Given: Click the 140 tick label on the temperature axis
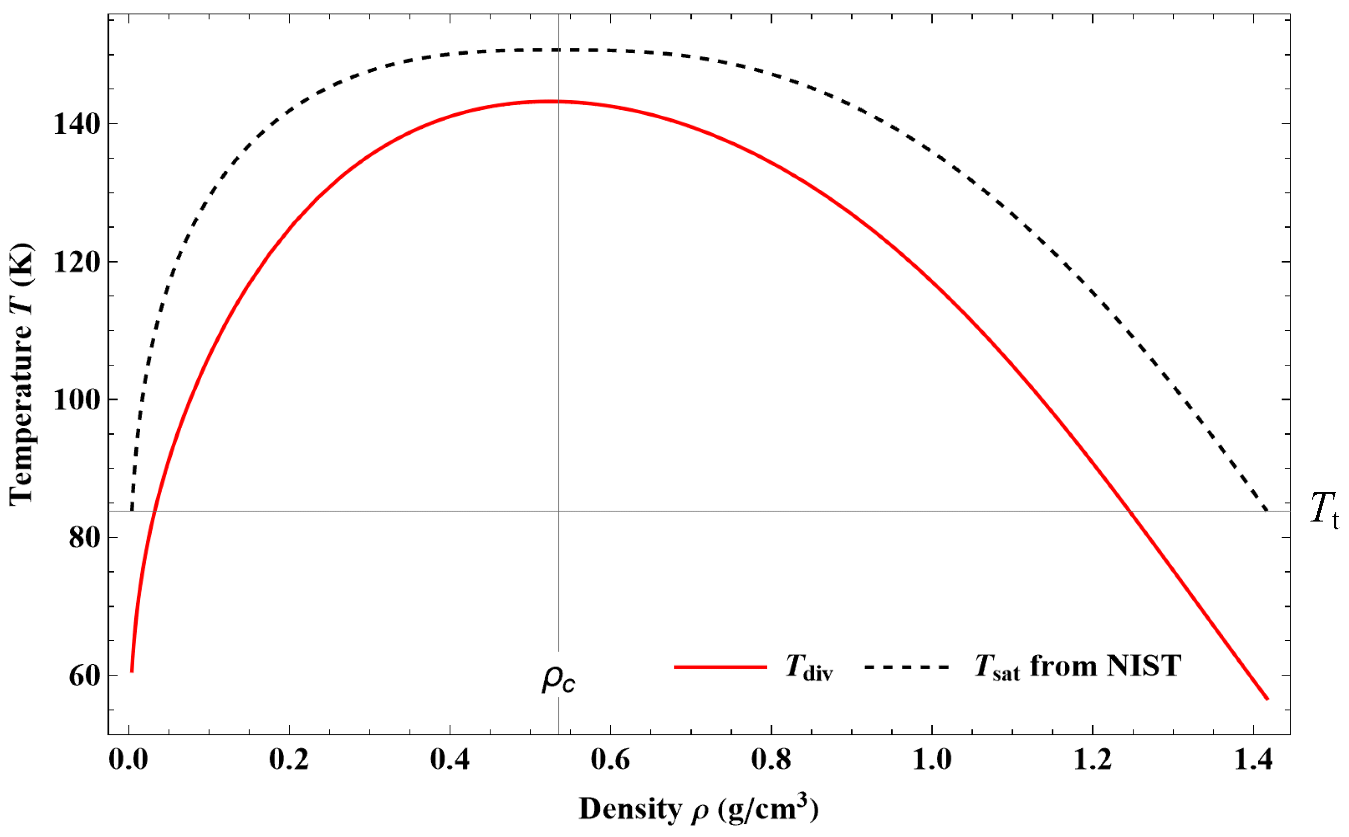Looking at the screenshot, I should (77, 124).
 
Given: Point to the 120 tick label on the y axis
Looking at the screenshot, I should (77, 262).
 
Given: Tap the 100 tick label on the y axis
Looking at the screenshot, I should (77, 399).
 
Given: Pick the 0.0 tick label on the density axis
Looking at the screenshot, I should (128, 759).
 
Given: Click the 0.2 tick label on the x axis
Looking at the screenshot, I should (289, 759).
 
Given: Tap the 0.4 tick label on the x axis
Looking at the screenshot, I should (450, 759).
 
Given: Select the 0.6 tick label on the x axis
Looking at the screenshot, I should (610, 759).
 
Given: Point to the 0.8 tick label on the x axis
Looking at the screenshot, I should (771, 759).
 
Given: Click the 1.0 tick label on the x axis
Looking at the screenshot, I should (932, 759).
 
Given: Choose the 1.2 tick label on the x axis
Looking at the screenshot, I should (1092, 759).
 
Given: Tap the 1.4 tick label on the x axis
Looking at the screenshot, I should (1253, 759).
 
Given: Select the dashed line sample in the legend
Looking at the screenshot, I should (906, 667).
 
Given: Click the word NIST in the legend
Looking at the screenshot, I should (1144, 666).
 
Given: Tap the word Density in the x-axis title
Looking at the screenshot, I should (630, 809).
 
